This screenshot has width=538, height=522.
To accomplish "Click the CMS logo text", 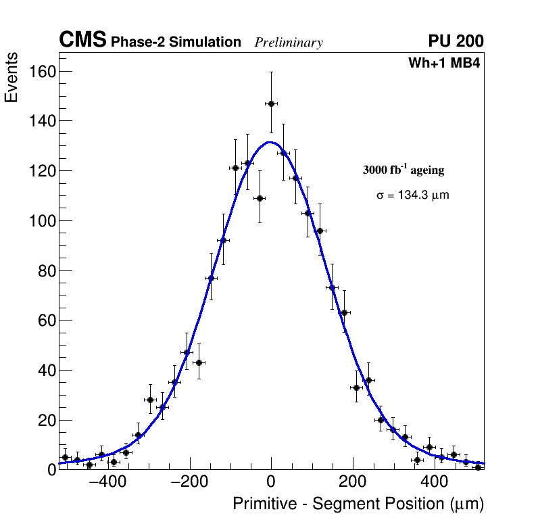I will [x=82, y=41].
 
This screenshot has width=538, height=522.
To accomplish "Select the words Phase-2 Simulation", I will [x=176, y=42].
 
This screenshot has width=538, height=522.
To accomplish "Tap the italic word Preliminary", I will [x=289, y=43].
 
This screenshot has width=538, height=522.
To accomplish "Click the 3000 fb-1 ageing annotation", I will [x=403, y=170].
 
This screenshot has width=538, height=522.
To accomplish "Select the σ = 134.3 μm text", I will [x=412, y=195].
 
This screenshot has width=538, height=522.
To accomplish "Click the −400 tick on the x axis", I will [x=102, y=483].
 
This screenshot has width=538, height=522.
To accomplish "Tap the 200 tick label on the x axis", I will [x=351, y=483].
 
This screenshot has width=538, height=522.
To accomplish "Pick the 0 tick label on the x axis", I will [x=271, y=483].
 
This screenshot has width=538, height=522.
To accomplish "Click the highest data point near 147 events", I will [x=271, y=103].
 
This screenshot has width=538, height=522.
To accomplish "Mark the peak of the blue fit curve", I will [x=270, y=142].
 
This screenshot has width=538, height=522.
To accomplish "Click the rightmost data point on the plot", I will [x=478, y=467].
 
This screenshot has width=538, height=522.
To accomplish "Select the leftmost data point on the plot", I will [x=65, y=458].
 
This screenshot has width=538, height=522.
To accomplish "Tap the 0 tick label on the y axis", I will [x=51, y=470].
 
